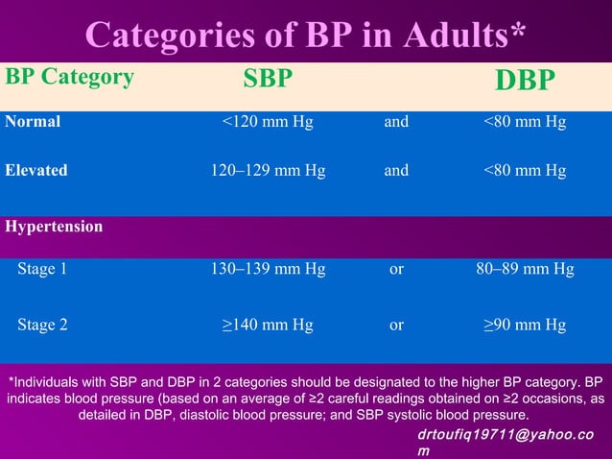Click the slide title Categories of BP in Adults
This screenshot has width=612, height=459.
point(305,35)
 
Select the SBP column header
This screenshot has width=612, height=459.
point(267,80)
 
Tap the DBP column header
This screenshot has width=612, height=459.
point(525,81)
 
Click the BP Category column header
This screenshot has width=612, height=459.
point(70,78)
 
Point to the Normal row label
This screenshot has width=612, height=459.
point(33,122)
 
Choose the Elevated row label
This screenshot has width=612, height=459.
point(36,170)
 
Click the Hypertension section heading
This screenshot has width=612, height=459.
point(54,228)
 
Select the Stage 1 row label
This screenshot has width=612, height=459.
point(42,270)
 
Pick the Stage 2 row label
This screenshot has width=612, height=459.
point(42,325)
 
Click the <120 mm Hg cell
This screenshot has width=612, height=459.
point(268,122)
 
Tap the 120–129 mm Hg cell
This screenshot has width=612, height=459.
point(268,170)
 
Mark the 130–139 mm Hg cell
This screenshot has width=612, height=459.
point(268,270)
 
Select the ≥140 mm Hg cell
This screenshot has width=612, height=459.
point(268,325)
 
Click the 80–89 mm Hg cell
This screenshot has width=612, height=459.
point(525,270)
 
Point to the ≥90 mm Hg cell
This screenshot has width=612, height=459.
point(525,325)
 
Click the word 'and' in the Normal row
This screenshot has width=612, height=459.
point(396,122)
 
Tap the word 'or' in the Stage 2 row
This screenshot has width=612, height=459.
point(396,325)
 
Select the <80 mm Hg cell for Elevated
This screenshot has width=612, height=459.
point(525,170)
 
